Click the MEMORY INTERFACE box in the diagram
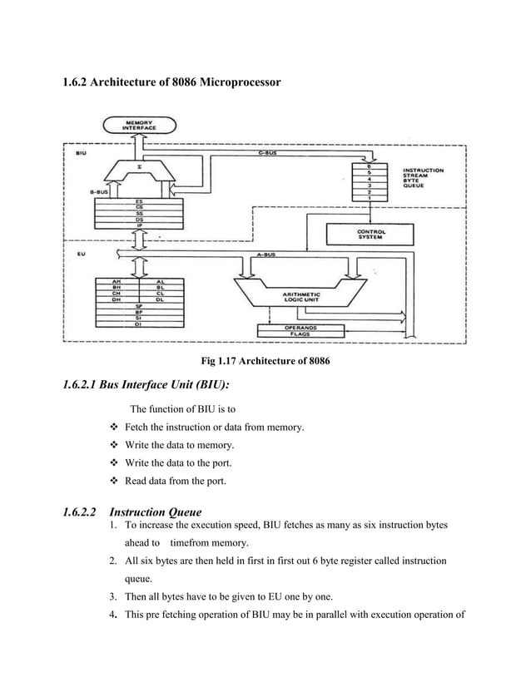click(x=139, y=126)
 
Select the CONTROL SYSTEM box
click(x=369, y=235)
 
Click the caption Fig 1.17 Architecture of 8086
click(x=265, y=361)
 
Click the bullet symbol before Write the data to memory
click(x=115, y=446)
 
